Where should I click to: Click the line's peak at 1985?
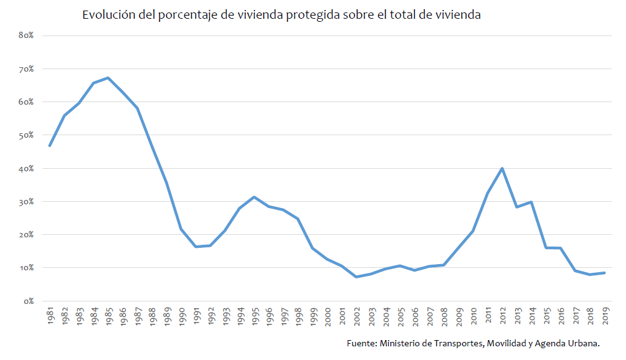pos(108,78)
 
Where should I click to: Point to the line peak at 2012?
pos(502,168)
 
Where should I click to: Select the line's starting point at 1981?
pos(49,146)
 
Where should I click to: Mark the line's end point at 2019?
pos(604,273)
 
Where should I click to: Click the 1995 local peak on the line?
pos(254,197)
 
